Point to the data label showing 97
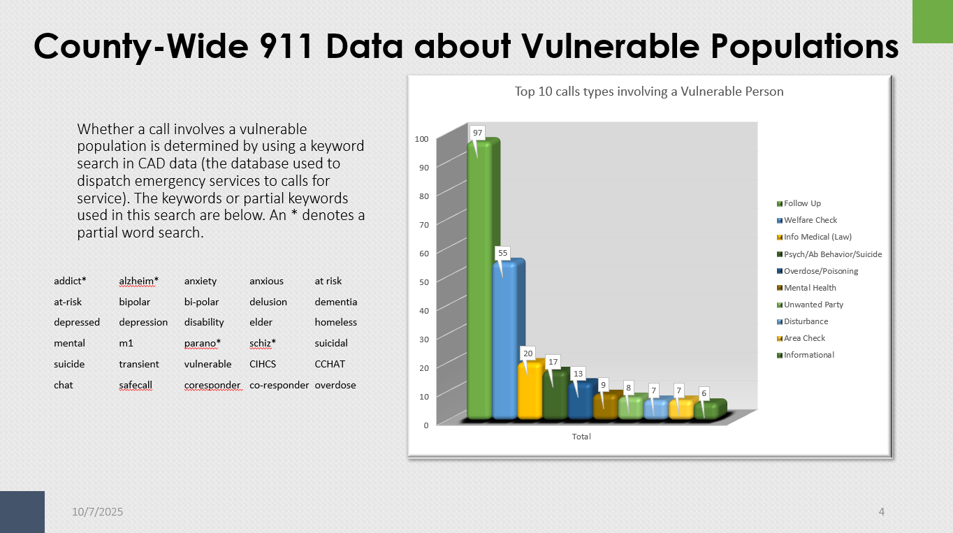tap(477, 133)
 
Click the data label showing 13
tap(578, 374)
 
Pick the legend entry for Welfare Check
tap(810, 220)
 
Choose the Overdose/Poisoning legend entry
tap(820, 271)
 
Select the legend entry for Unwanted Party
tap(813, 305)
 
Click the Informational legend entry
tap(808, 355)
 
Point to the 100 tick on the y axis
tap(421, 138)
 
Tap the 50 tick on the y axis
tap(423, 282)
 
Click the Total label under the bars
tap(581, 437)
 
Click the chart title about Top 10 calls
tap(649, 92)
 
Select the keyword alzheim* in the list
tap(139, 281)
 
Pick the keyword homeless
tap(335, 322)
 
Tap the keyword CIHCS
tap(263, 364)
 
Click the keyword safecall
tap(136, 385)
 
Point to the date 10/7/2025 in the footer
tap(98, 512)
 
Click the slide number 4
tap(882, 512)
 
